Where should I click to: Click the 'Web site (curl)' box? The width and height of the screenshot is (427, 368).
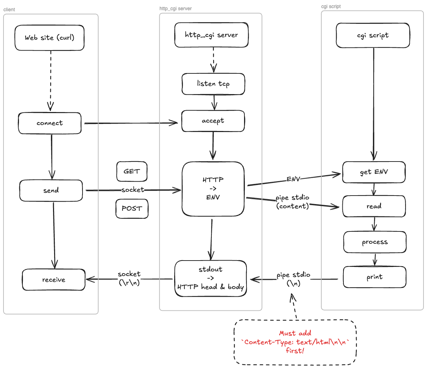(x=50, y=38)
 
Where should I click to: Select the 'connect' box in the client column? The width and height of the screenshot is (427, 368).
(x=50, y=123)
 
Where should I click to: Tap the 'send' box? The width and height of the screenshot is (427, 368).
(x=51, y=191)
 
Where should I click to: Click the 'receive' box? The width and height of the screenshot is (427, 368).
(x=54, y=280)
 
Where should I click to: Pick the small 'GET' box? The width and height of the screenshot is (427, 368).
(x=132, y=171)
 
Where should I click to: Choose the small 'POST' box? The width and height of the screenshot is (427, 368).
(x=132, y=209)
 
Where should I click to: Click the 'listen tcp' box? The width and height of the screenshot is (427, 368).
(x=213, y=84)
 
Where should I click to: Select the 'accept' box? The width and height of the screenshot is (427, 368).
(x=213, y=121)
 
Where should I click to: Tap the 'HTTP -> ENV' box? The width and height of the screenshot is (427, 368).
(x=213, y=189)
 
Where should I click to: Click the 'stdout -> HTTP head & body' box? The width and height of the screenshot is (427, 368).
(x=210, y=278)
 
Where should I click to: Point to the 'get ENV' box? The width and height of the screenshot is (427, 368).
(x=374, y=172)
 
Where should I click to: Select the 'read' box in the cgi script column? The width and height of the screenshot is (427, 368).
(x=374, y=206)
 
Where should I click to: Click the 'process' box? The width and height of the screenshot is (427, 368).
(x=375, y=242)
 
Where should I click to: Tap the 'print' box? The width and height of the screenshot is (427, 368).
(x=375, y=277)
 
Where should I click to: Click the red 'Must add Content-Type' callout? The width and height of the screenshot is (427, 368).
(x=295, y=342)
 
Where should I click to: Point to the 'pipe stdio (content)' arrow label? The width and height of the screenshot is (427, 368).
(x=293, y=202)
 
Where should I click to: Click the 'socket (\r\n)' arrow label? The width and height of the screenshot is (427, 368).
(x=129, y=278)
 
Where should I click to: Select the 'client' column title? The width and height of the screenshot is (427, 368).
(x=9, y=9)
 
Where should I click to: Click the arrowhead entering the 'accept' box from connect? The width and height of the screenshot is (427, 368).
(x=175, y=123)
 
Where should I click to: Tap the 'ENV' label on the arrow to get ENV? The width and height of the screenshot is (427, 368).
(x=293, y=179)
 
